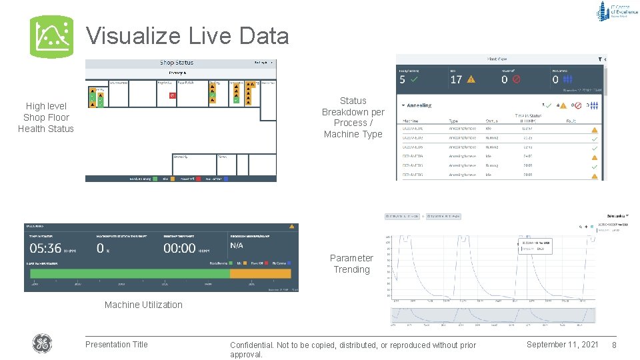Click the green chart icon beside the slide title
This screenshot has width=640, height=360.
click(x=51, y=37)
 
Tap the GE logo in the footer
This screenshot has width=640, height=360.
click(x=42, y=344)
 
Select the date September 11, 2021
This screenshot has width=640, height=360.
click(x=562, y=345)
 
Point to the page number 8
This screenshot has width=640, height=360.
click(x=614, y=345)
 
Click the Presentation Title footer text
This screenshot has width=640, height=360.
click(x=117, y=345)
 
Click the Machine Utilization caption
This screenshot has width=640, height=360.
click(x=143, y=305)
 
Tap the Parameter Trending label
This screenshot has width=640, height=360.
click(x=351, y=263)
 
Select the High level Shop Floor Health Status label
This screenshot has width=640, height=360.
click(x=46, y=117)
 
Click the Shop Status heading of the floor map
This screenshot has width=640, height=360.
click(x=177, y=63)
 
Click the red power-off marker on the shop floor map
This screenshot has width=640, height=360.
click(x=172, y=95)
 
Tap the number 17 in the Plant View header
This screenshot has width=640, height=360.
click(x=457, y=79)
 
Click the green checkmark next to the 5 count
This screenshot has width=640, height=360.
click(x=415, y=79)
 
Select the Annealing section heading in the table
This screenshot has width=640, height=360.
click(x=418, y=105)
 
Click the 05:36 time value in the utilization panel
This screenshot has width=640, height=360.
click(x=45, y=248)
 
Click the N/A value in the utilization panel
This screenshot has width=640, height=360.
click(x=237, y=245)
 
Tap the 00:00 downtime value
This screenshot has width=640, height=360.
click(x=180, y=248)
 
